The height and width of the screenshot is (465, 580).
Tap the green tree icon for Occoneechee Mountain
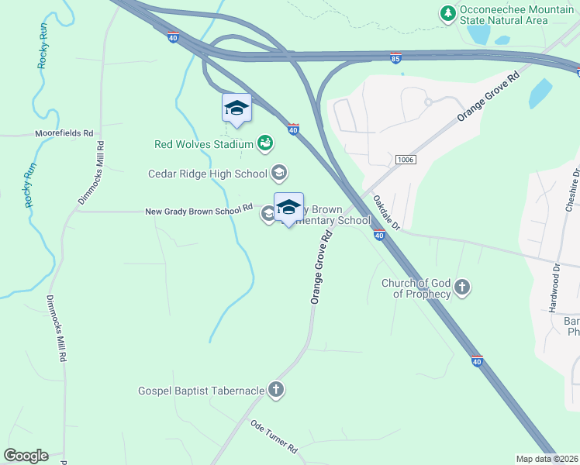click(447, 13)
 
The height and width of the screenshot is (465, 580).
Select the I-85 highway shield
click(395, 59)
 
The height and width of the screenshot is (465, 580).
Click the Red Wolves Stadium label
click(204, 144)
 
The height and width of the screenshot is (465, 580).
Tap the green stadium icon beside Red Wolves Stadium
click(265, 143)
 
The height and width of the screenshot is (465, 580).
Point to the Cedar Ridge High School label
click(208, 173)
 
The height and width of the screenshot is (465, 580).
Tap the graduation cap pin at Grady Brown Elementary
click(288, 207)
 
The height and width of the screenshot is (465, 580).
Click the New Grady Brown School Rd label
click(199, 209)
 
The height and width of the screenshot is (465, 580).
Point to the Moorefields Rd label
click(64, 133)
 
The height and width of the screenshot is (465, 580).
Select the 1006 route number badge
click(404, 159)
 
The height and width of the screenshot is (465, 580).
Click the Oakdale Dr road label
click(385, 212)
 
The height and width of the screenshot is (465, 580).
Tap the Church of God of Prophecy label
click(416, 288)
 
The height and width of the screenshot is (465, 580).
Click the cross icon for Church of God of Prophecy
click(461, 288)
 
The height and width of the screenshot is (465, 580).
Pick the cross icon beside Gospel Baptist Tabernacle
click(275, 390)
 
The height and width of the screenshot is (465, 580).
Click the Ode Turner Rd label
click(274, 438)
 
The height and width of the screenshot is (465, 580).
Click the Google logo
click(26, 456)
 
